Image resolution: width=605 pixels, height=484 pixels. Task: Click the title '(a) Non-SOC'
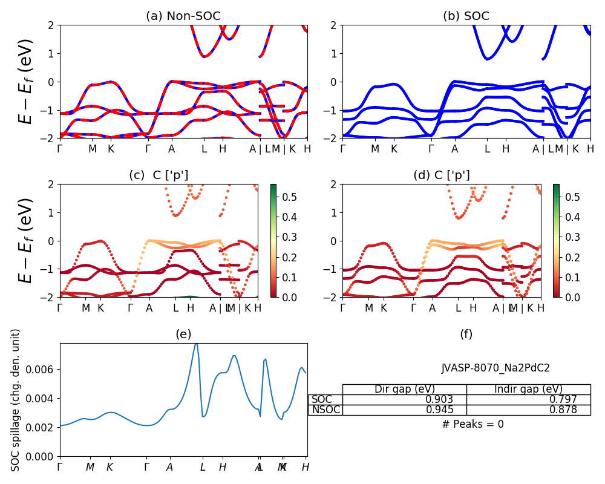pos(183,16)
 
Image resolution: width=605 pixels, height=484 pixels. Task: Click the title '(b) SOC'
pos(466,16)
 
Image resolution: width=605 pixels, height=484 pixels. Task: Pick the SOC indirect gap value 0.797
pos(560,399)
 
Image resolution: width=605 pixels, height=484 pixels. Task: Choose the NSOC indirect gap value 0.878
pos(560,410)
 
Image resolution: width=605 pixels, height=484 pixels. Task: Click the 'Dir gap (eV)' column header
pos(405,389)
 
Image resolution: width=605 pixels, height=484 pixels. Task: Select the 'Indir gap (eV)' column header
pos(528,389)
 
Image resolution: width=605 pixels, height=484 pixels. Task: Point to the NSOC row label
pos(325,410)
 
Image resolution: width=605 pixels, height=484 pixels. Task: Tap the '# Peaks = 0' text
pos(473,424)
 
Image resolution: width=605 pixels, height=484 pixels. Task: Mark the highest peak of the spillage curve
pos(196,344)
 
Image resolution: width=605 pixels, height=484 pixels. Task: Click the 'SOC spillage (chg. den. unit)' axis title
pos(16,400)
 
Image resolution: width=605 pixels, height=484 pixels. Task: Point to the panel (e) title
pos(183,334)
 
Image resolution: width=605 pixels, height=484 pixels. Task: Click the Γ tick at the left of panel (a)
pos(60,148)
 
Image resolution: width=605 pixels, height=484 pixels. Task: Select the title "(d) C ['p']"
pos(441,175)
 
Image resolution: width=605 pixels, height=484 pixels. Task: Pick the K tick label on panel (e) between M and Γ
pos(110,467)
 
